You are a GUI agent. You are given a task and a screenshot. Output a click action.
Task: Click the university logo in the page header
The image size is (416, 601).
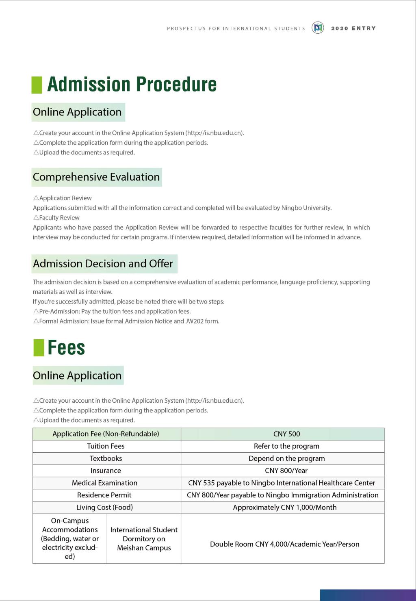tap(318, 28)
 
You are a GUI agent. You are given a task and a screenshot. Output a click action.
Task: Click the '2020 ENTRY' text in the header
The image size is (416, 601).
tap(353, 28)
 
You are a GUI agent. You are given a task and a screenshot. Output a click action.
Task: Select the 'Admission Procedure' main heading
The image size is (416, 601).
tap(132, 85)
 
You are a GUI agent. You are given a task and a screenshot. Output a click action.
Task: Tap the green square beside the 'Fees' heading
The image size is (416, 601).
tap(39, 348)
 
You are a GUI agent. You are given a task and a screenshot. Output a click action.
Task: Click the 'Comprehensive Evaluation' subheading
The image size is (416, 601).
tap(96, 177)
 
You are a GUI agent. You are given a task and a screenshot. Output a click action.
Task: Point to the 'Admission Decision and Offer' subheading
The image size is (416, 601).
tap(103, 264)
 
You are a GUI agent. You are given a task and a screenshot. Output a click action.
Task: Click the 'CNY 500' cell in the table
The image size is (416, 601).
tap(286, 434)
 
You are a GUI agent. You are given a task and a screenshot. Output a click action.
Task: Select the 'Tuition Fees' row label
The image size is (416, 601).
tap(106, 446)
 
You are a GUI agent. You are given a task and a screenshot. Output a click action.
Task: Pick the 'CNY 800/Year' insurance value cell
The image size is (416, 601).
tap(286, 471)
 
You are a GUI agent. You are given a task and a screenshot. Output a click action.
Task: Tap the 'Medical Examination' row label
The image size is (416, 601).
tap(105, 483)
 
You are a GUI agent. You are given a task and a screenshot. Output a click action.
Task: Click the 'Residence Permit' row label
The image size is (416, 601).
tap(104, 495)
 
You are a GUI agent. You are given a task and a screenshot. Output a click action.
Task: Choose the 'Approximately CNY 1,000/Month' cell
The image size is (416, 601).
tap(285, 507)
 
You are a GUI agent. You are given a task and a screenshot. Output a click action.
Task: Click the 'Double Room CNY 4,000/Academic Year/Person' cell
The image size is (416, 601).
tap(284, 544)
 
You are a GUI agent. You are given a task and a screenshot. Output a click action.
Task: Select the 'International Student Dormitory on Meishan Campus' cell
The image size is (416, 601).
tap(144, 539)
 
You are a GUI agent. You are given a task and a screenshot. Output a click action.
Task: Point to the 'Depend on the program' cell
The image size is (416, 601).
tap(286, 458)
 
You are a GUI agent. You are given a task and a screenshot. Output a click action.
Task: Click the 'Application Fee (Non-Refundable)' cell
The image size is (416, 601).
tap(106, 434)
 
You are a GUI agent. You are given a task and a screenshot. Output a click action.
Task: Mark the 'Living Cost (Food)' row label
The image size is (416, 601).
tap(104, 507)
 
